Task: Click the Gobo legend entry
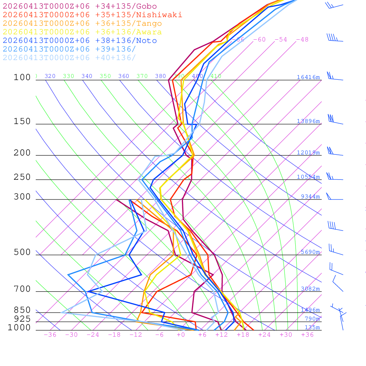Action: click(x=80, y=6)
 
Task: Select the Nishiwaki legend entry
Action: click(x=92, y=15)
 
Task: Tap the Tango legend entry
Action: click(x=82, y=24)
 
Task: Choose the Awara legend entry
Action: click(x=82, y=32)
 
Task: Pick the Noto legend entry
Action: click(x=80, y=41)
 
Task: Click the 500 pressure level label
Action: click(x=22, y=252)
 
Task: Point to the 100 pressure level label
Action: click(x=22, y=78)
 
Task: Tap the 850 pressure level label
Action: click(x=22, y=310)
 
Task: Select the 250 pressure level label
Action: click(x=22, y=177)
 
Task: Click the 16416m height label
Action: click(x=308, y=77)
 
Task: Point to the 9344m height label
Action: click(x=310, y=197)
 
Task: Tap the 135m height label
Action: click(x=312, y=327)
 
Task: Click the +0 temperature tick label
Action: click(x=180, y=335)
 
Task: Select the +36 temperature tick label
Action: click(x=307, y=335)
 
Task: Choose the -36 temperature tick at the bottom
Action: click(x=50, y=335)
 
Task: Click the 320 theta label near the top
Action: click(x=50, y=76)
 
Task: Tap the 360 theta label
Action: click(x=123, y=76)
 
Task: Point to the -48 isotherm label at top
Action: click(x=302, y=40)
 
